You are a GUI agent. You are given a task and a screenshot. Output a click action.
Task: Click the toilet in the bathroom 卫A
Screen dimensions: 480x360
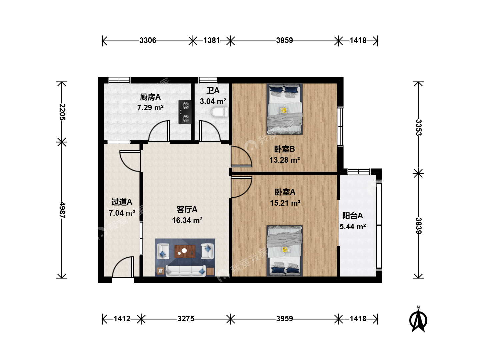(220, 112)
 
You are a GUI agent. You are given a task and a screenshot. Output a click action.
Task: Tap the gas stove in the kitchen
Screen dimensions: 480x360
(185, 112)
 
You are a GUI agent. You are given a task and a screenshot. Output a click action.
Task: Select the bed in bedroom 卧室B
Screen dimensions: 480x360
(285, 109)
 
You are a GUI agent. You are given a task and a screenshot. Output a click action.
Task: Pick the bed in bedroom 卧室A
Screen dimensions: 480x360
(285, 251)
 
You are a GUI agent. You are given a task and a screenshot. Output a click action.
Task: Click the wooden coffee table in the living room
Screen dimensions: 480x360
(185, 251)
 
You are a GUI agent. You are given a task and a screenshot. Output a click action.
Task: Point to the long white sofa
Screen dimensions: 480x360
(186, 271)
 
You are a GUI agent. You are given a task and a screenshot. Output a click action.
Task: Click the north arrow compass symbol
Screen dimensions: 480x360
(418, 319)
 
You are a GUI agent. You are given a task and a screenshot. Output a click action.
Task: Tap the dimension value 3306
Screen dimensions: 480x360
(148, 40)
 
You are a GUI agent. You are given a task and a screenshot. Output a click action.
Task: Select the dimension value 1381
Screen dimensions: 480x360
(211, 40)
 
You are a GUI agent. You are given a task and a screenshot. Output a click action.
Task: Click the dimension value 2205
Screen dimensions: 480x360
(62, 112)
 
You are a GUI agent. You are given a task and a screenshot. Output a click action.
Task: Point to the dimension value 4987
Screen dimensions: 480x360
(62, 210)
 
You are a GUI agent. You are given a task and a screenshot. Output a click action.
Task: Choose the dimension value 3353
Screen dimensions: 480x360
(418, 127)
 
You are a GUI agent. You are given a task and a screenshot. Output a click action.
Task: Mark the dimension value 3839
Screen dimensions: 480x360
(418, 226)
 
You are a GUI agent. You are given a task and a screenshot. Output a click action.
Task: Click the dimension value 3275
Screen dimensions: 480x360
(186, 319)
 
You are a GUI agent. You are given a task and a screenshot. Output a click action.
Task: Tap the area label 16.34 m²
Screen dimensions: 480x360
(187, 220)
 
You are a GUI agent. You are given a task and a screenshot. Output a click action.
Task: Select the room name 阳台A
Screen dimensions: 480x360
(353, 216)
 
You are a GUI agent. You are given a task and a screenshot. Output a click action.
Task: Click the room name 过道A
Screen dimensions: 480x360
(122, 202)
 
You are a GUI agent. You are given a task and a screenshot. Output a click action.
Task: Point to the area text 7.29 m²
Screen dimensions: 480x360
(150, 108)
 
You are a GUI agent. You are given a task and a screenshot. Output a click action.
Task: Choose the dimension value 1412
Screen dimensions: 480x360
(122, 319)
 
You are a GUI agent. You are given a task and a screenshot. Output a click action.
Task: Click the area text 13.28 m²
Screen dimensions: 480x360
(285, 160)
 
